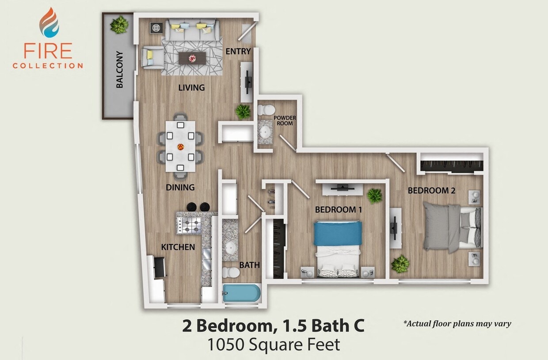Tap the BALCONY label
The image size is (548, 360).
tap(119, 70)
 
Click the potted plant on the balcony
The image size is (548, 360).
tap(119, 25)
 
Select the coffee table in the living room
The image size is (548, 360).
tap(192, 58)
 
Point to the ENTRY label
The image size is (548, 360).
tap(238, 51)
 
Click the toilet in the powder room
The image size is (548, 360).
tap(266, 109)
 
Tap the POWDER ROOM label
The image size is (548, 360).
tap(285, 121)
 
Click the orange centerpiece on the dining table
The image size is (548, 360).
tap(180, 146)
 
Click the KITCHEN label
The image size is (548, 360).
tap(178, 247)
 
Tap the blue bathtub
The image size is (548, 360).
tap(241, 293)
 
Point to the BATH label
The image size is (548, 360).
tap(249, 265)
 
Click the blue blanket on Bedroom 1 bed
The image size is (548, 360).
tap(338, 234)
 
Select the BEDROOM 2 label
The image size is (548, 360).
tap(431, 191)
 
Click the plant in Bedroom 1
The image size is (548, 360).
tap(375, 195)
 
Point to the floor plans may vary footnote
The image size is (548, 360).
tap(457, 323)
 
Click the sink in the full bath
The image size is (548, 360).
tap(230, 247)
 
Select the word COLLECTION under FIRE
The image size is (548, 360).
tap(48, 66)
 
